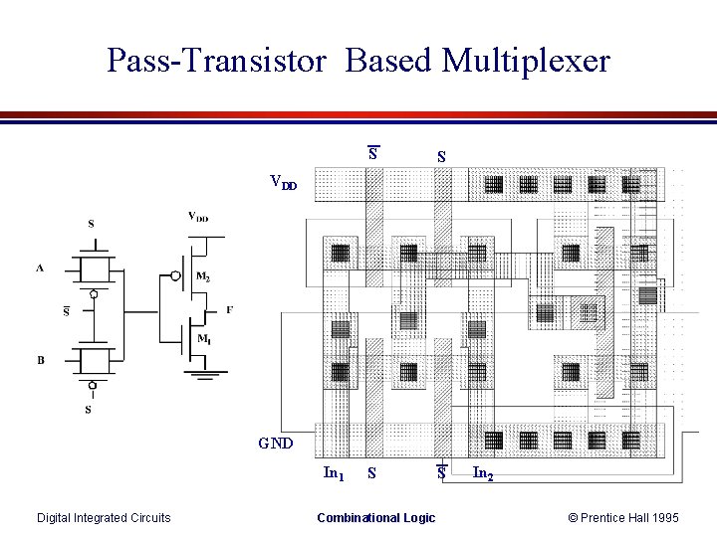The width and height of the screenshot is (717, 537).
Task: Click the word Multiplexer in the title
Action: point(526,61)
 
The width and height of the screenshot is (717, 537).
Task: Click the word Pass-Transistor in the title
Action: point(216,61)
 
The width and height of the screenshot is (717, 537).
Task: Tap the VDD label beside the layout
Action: point(283,182)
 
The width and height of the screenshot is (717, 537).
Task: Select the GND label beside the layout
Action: point(275,443)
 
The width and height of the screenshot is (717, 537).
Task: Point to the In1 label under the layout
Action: point(335,473)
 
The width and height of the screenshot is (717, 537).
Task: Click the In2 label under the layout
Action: point(483,474)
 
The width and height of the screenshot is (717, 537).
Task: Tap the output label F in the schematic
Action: point(229,309)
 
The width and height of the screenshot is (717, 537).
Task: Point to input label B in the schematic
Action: point(41,359)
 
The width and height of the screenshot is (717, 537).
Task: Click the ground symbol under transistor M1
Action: point(204,373)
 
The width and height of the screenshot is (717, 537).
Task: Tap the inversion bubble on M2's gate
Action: point(176,275)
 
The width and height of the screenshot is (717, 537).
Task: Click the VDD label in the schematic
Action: point(199,216)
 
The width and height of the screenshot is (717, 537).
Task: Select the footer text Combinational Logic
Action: point(375,517)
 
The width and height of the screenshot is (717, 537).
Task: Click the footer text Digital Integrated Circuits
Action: point(104,517)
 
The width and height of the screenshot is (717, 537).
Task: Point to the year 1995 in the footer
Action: point(662,517)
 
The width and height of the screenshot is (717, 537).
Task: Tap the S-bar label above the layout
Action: point(372,153)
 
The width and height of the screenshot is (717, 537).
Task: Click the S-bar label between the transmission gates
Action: point(67,311)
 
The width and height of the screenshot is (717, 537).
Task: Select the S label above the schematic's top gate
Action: point(92,224)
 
